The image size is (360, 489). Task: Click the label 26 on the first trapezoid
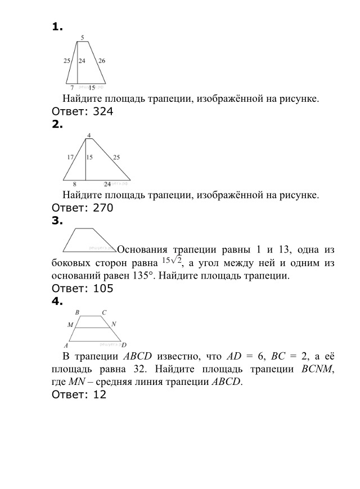tap(101, 60)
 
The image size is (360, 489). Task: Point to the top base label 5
tap(83, 38)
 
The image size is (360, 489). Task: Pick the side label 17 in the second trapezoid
tap(70, 158)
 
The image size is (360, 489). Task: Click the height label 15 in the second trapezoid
tap(89, 158)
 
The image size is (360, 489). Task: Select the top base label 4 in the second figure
tap(88, 135)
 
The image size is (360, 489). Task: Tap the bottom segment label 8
tap(74, 184)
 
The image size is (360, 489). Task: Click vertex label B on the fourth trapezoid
tap(77, 312)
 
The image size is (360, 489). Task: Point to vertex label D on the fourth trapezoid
tap(124, 345)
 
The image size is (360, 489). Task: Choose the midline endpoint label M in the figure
tap(70, 325)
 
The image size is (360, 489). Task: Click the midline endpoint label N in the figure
tap(114, 325)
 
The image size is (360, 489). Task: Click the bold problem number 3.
tap(56, 221)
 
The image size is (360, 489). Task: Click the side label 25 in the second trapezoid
tap(116, 158)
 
